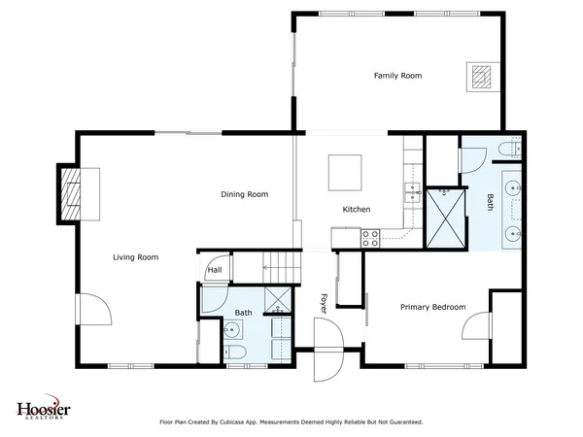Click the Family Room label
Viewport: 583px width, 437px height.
coord(397,75)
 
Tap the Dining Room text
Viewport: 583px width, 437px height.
coord(244,194)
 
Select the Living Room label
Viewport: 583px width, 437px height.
coord(135,257)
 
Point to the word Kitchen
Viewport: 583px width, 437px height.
coord(356,210)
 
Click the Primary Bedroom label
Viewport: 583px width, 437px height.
coord(433,307)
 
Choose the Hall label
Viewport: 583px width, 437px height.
coord(214,271)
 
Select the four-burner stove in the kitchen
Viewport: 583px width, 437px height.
coord(370,235)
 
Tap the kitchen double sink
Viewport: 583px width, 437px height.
coord(411,190)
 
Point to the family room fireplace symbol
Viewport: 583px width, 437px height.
coord(481,76)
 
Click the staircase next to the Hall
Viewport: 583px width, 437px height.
coord(277,263)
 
